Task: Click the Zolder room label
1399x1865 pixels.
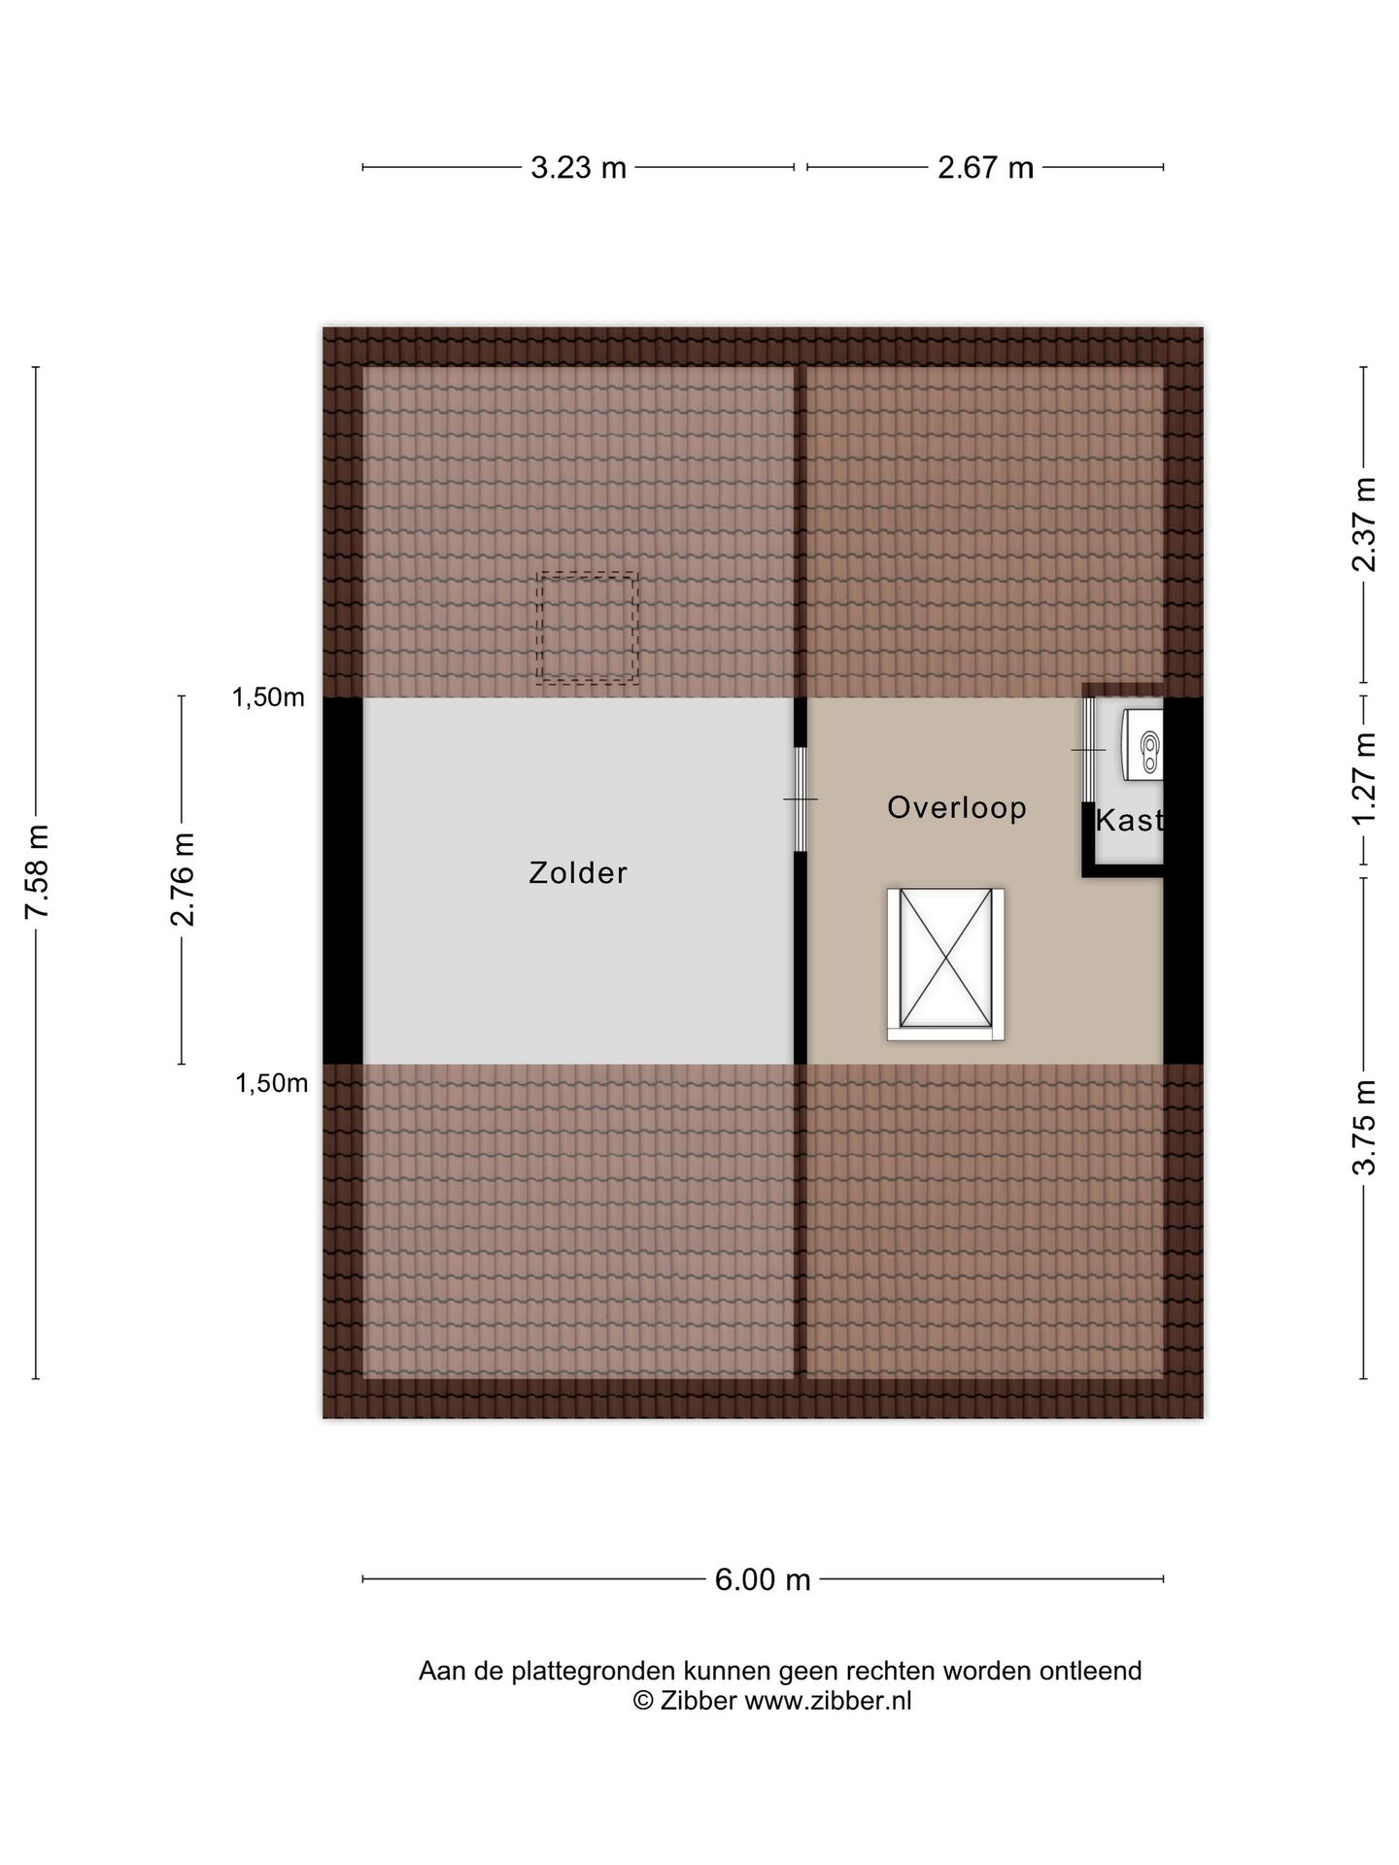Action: (578, 873)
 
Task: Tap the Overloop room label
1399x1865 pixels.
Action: (957, 807)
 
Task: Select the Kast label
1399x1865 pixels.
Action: (1129, 821)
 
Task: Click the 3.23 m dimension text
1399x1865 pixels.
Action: (578, 168)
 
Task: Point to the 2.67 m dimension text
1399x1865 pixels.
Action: (985, 168)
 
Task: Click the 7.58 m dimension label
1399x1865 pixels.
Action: (37, 871)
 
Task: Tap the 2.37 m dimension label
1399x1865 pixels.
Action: (1365, 525)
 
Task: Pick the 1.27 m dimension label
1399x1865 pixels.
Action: (1365, 777)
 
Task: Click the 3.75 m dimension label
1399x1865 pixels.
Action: (1365, 1128)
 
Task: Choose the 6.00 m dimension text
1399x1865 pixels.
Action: (763, 1580)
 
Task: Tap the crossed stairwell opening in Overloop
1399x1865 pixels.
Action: (945, 965)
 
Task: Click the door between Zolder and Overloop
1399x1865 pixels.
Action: (801, 798)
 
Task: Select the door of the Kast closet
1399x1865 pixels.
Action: (1088, 750)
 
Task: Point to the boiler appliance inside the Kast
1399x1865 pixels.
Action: (1143, 744)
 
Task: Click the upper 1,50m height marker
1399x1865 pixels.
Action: (268, 697)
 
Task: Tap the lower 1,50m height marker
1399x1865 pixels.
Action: (271, 1083)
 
